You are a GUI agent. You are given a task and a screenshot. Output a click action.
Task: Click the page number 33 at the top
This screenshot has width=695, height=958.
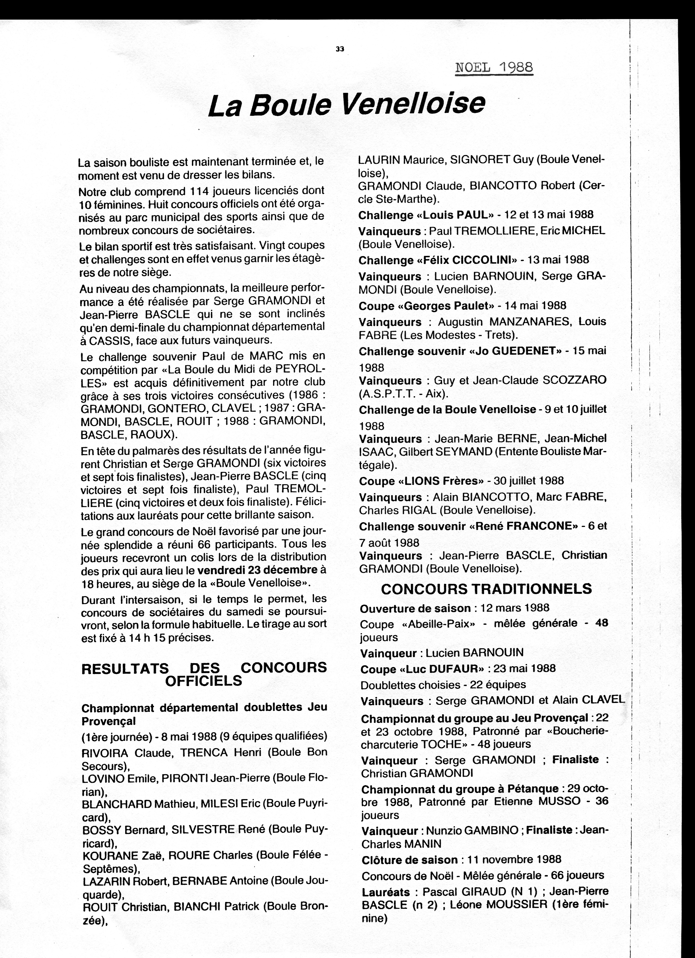click(340, 49)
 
